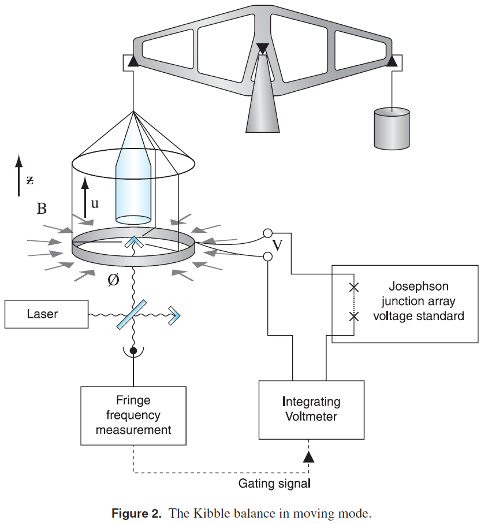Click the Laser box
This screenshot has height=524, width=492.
(x=47, y=314)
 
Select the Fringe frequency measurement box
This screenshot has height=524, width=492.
(x=133, y=415)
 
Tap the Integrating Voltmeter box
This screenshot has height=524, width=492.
(x=311, y=409)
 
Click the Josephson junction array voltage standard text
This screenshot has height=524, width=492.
(x=418, y=301)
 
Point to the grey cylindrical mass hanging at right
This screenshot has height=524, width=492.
(x=392, y=129)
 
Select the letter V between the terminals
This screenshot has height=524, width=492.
(x=277, y=246)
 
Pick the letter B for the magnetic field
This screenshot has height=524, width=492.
(x=42, y=209)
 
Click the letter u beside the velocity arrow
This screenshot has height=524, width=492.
(x=95, y=203)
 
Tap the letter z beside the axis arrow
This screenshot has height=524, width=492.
(x=30, y=180)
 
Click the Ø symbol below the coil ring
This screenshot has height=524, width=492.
(x=113, y=281)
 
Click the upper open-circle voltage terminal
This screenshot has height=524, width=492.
(x=267, y=233)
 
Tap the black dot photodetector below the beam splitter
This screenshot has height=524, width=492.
(x=133, y=351)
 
